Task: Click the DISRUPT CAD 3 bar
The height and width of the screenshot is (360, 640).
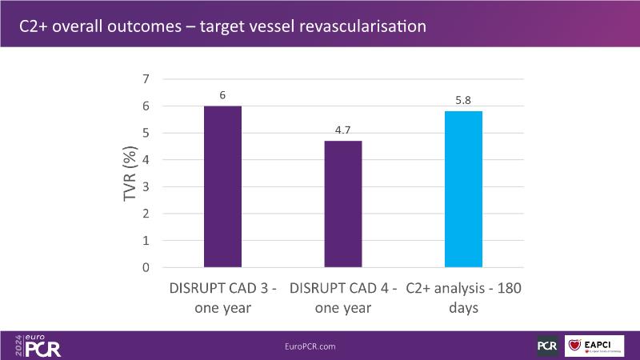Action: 222,186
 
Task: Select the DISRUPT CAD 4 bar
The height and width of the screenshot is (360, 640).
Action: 342,204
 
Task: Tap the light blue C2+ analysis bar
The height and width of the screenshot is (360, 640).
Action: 463,189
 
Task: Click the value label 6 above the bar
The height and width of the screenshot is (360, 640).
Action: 222,95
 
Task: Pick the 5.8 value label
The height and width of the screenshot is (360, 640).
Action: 463,101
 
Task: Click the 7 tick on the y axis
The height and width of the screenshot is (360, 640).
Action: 146,78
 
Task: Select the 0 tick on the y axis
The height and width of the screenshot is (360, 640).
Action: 146,267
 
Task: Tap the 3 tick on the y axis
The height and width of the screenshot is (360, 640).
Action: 146,186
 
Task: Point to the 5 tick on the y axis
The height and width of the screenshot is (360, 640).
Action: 146,133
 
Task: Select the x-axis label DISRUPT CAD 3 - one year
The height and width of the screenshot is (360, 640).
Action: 222,297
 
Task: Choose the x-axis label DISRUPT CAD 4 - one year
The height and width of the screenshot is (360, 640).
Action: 342,297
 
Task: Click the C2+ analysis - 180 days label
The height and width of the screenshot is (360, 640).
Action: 463,297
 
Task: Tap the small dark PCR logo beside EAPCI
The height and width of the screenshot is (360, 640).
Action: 547,346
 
